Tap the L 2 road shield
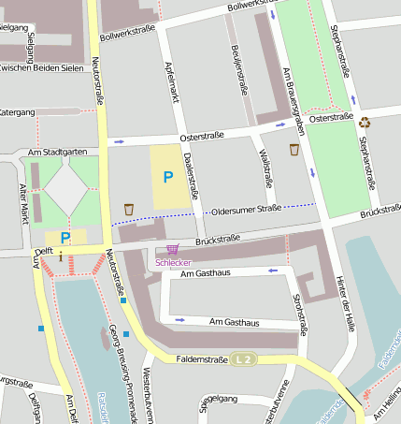[x=244, y=358]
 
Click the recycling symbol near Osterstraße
[x=365, y=121]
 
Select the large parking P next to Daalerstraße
[x=168, y=176]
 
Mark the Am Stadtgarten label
[x=58, y=152]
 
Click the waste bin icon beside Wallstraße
[x=294, y=150]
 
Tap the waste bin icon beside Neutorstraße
[x=129, y=210]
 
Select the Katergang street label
[x=16, y=112]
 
